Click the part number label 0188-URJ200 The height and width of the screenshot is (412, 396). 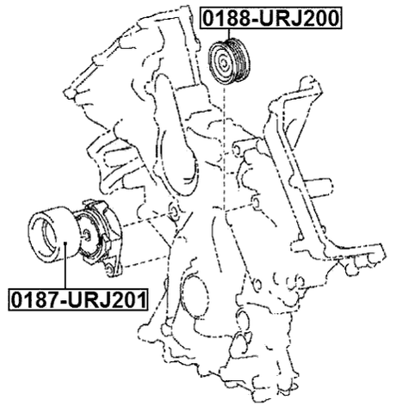click(x=271, y=17)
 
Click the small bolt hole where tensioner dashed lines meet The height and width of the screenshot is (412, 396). click(x=171, y=211)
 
